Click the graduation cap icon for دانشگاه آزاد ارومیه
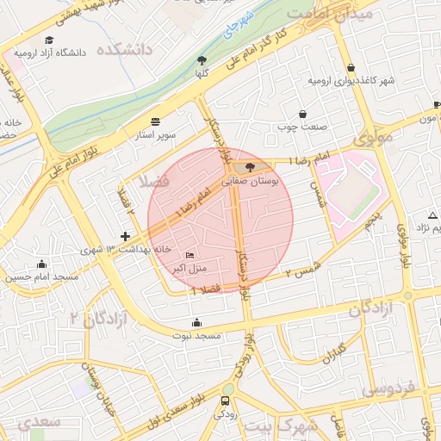click(x=49, y=40)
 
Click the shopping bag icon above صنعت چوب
click(x=302, y=114)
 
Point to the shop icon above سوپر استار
click(x=155, y=121)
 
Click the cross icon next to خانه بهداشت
click(x=126, y=236)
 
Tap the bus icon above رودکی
click(x=226, y=401)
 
